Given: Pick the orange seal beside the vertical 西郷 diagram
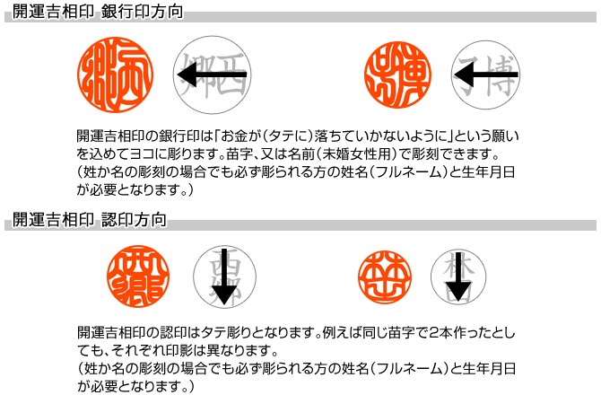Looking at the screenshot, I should (139, 276).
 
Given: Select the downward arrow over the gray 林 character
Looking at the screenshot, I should (458, 280).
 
